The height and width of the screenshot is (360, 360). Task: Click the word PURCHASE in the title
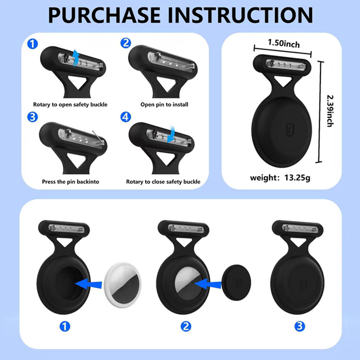(x=104, y=15)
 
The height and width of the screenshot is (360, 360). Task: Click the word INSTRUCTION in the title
(x=240, y=15)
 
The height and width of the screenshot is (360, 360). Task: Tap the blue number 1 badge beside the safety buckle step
(x=32, y=44)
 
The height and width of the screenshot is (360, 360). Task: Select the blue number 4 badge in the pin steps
(x=126, y=117)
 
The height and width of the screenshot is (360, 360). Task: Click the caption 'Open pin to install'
(x=164, y=105)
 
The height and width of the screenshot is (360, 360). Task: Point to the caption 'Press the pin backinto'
(x=71, y=182)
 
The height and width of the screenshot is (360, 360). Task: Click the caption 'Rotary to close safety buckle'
(x=163, y=182)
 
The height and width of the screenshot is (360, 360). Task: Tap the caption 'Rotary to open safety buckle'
(x=70, y=105)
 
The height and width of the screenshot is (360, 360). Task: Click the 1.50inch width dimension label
(x=284, y=43)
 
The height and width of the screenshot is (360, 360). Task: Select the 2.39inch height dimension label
(x=330, y=111)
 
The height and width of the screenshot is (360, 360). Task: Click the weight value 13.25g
(x=297, y=178)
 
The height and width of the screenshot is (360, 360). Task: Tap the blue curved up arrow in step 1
(x=76, y=58)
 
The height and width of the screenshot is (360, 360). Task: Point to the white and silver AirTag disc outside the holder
(x=122, y=285)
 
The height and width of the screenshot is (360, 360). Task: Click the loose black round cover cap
(x=236, y=283)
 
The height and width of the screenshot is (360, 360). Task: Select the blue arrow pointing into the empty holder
(x=88, y=284)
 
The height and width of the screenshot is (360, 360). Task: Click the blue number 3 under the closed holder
(x=300, y=326)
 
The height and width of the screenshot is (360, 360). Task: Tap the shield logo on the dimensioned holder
(x=290, y=130)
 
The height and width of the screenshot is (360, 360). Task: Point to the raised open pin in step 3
(x=98, y=137)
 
